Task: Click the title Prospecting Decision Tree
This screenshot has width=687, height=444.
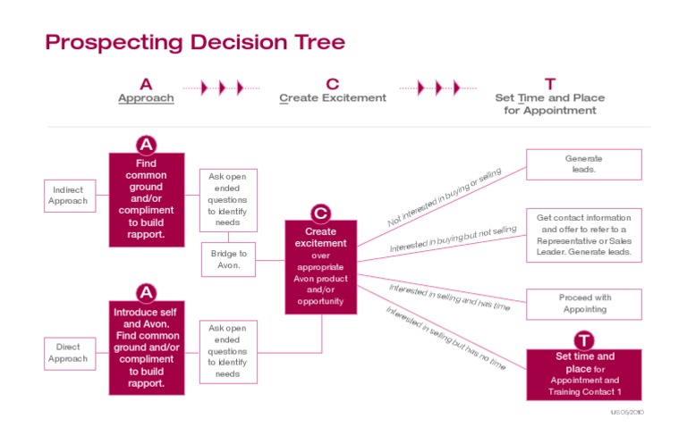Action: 195,43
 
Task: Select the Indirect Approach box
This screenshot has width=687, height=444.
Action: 70,196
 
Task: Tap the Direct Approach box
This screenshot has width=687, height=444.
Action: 70,354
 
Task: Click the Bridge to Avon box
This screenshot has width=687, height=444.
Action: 228,259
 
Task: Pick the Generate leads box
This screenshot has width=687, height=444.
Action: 583,164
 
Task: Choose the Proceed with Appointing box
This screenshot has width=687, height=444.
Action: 583,304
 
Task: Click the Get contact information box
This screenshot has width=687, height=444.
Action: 583,235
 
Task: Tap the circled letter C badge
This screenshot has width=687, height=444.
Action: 321,213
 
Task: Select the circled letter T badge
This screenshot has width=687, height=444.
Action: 584,340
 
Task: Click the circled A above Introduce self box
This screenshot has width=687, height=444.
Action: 147,293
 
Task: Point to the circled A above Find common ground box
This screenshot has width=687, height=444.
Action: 147,145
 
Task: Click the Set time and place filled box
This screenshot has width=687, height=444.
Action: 584,374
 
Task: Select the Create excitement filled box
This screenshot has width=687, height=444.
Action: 321,267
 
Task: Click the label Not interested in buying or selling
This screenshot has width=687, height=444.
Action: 445,197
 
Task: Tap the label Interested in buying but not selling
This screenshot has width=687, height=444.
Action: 453,239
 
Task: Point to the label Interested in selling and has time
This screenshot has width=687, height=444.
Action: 450,297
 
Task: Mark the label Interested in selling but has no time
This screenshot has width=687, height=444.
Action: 445,338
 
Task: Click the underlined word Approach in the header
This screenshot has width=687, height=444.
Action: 146,98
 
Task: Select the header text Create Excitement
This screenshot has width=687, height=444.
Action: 333,98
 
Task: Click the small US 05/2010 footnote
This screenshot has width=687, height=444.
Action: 627,412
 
